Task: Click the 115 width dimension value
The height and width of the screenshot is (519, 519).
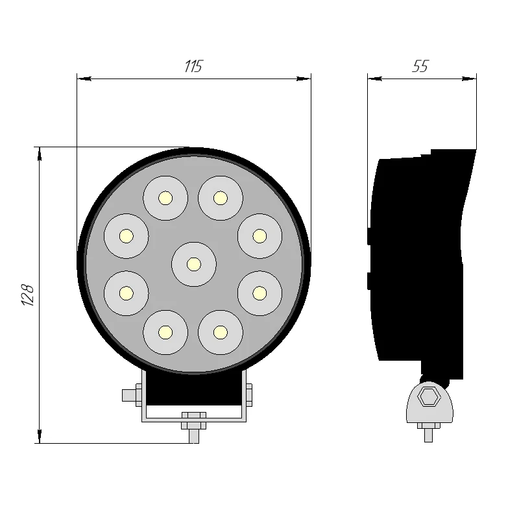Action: tap(193, 66)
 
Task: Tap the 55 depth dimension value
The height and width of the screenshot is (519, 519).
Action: tap(420, 66)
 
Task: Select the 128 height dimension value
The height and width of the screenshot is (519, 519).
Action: tap(28, 295)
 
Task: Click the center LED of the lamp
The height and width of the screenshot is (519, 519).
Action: tap(193, 263)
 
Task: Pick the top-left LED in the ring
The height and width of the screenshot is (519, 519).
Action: tap(165, 197)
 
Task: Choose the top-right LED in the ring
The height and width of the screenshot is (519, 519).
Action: tap(221, 197)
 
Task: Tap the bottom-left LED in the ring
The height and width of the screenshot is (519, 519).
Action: tap(165, 332)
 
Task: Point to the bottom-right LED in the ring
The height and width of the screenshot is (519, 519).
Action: tap(221, 332)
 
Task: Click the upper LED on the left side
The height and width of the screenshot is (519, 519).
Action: tap(127, 235)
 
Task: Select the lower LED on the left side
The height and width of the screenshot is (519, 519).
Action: tap(127, 293)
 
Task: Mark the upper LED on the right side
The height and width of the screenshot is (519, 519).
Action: tap(259, 235)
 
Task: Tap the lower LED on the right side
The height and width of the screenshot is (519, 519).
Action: tap(259, 293)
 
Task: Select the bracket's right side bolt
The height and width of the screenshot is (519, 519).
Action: tap(248, 395)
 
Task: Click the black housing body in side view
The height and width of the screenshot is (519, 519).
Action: tap(418, 259)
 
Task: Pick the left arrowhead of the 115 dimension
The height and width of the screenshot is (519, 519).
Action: tap(82, 78)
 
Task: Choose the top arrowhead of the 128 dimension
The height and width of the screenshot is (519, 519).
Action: tap(40, 152)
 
